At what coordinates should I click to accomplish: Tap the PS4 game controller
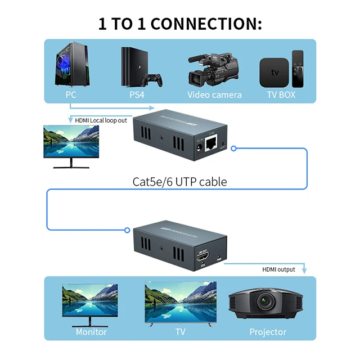[x=151, y=79]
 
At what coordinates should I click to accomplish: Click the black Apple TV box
[x=274, y=71]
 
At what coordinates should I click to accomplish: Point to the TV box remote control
[x=297, y=68]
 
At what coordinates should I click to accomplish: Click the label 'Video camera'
[x=214, y=94]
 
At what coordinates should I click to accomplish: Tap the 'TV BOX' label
[x=281, y=94]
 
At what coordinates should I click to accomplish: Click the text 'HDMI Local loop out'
[x=101, y=120]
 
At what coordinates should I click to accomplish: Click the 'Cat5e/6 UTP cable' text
[x=179, y=182]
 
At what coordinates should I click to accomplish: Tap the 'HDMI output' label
[x=278, y=269]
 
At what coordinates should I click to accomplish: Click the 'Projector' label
[x=268, y=332]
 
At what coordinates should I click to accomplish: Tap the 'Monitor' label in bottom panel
[x=91, y=332]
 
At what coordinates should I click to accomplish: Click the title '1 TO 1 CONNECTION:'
[x=180, y=24]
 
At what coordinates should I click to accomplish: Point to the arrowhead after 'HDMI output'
[x=304, y=271]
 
